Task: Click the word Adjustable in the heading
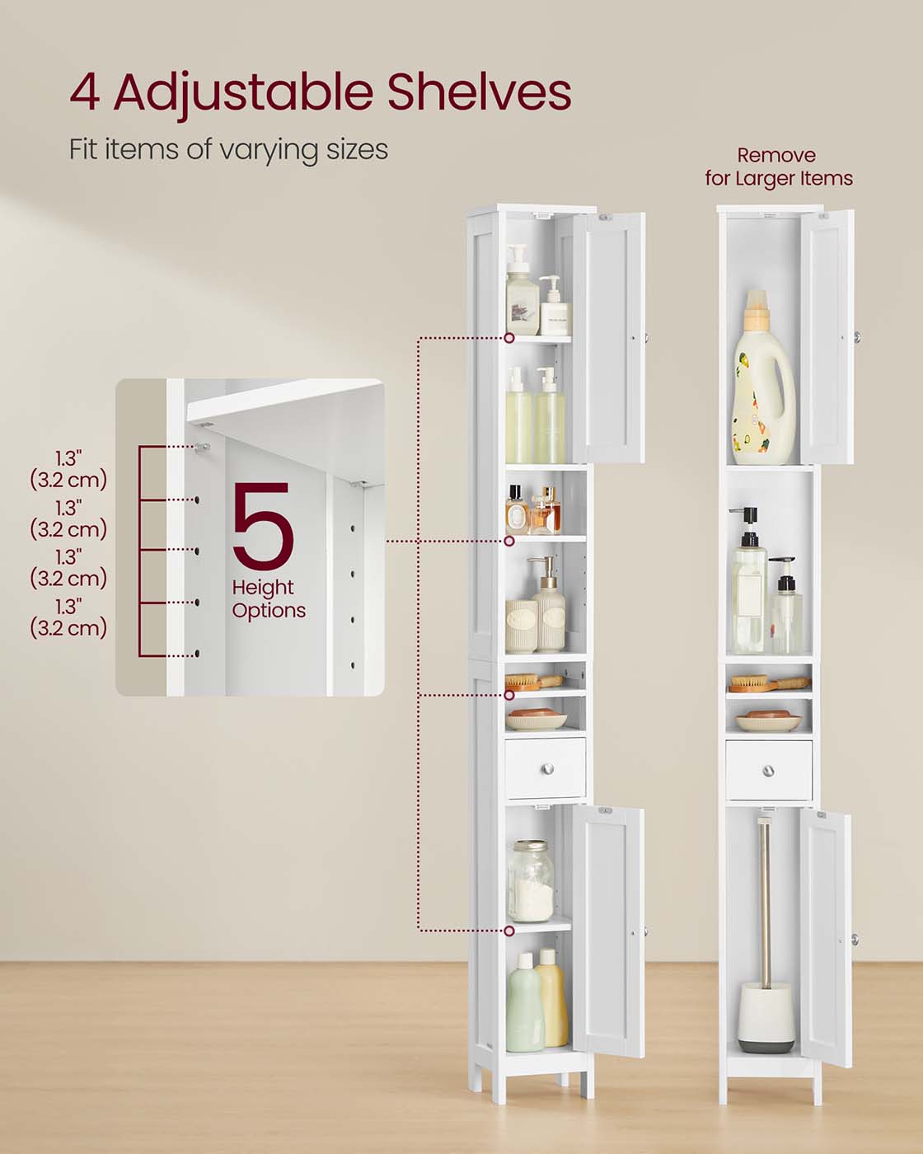click(x=243, y=92)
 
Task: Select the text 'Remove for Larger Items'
click(x=778, y=167)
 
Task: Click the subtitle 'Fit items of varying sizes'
click(x=228, y=149)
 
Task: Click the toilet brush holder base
click(x=766, y=1017)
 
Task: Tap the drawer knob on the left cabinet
click(x=546, y=769)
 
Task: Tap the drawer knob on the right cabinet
click(x=768, y=771)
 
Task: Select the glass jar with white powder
click(x=529, y=881)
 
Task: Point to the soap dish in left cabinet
click(x=536, y=722)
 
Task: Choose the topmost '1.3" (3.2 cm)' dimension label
click(x=68, y=470)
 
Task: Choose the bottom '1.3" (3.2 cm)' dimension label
click(x=68, y=618)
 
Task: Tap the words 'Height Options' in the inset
click(x=268, y=599)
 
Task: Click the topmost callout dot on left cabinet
click(x=509, y=338)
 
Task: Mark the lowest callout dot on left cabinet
click(x=509, y=931)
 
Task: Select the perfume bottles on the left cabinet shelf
click(x=532, y=511)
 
